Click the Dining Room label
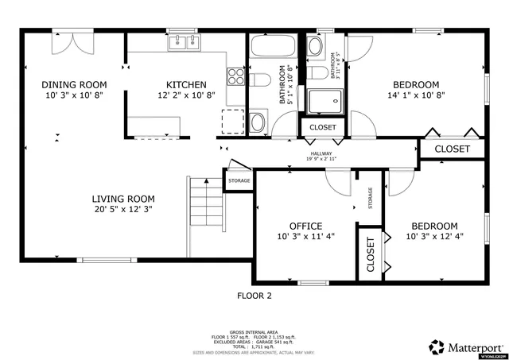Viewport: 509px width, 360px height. pos(74,85)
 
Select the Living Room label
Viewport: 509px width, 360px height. pos(122,199)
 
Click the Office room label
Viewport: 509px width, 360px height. pos(305,225)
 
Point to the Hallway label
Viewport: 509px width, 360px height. pos(321,154)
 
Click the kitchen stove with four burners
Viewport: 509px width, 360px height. pos(236,77)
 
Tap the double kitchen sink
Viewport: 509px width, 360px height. pos(182,42)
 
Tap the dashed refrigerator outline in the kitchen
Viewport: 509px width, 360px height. pos(232,119)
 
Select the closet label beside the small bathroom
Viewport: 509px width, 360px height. pos(322,127)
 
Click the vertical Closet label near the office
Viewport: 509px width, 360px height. pos(371,255)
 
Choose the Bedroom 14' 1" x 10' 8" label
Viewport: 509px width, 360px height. pos(414,85)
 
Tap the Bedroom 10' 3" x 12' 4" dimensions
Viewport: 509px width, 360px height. pos(434,236)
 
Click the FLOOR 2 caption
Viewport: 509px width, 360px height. pos(254,296)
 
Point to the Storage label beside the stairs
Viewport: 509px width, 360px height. pos(239,180)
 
